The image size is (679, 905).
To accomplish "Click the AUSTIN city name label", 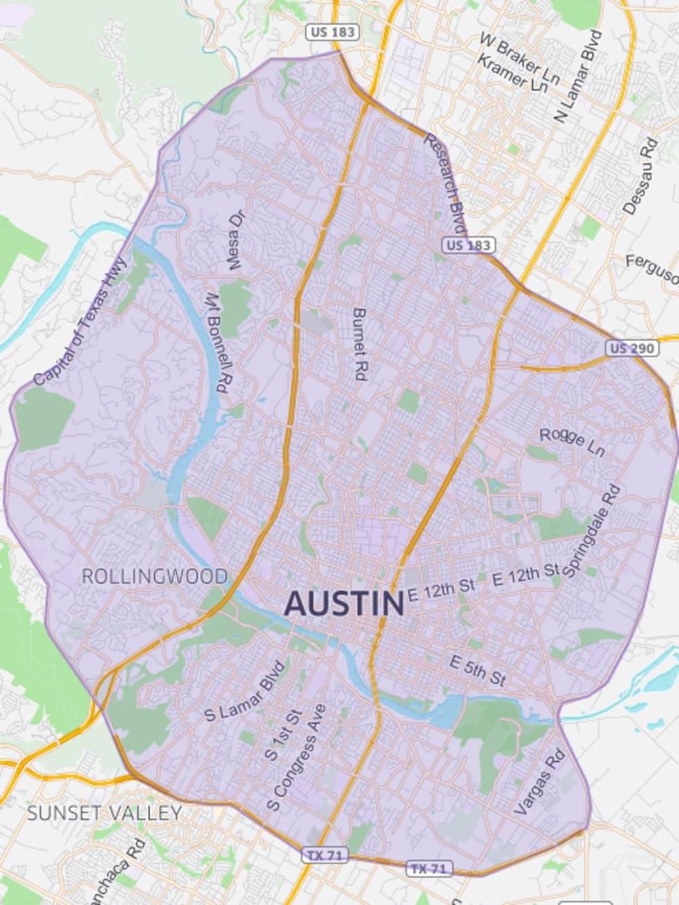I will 344,604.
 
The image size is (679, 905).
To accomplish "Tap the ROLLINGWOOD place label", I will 155,576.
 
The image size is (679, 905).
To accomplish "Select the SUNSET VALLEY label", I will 105,812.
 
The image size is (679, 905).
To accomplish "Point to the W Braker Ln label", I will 520,58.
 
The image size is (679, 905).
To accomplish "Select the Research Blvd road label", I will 445,183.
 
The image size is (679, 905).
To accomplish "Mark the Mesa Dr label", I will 236,240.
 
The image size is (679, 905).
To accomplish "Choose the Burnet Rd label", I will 359,344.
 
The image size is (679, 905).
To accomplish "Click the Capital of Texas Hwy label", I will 81,321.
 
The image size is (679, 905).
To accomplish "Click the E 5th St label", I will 477,670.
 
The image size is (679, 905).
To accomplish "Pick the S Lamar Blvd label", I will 245,692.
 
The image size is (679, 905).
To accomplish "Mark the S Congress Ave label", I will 297,758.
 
